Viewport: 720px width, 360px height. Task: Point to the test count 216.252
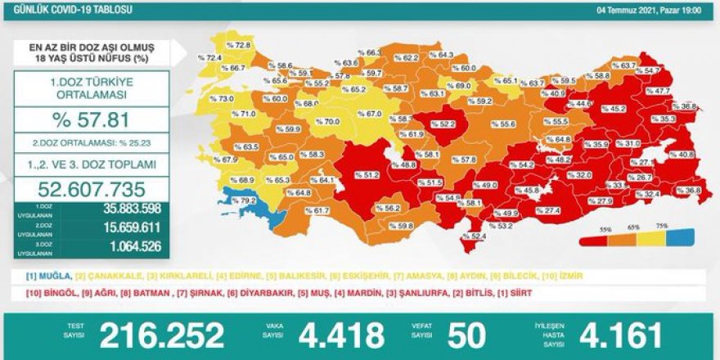pos(161,335)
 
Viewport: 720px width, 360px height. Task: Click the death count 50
pos(467,335)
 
